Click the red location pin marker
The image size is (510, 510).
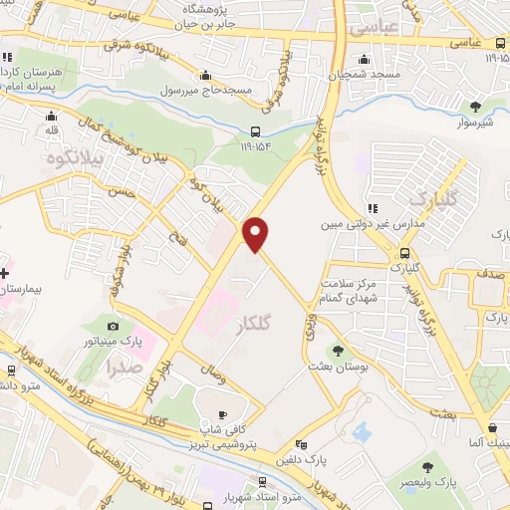tap(257, 234)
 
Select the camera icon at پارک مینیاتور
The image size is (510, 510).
tap(113, 326)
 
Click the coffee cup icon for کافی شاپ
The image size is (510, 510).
tap(222, 414)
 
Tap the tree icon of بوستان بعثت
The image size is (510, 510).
tap(339, 350)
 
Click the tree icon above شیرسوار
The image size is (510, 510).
tap(475, 107)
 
